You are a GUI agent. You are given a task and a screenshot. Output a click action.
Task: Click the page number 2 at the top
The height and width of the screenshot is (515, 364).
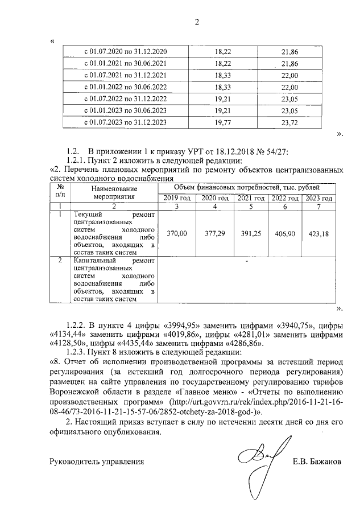coord(197,22)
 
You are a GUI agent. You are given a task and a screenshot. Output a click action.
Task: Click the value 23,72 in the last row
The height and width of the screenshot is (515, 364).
coord(289,122)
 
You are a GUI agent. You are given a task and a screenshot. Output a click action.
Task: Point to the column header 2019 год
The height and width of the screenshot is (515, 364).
coord(176,197)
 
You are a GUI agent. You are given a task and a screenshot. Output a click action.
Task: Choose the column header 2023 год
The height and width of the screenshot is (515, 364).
coord(318,197)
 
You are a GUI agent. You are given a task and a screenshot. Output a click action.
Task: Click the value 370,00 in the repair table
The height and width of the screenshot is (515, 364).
coord(176,233)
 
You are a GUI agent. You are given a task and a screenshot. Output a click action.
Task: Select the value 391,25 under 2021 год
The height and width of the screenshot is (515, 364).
coord(250,233)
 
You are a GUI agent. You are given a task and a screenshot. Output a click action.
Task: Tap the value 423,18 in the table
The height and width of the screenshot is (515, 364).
coord(318,233)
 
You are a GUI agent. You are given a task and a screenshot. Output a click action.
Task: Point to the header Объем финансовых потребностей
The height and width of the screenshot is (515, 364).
coord(246,187)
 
